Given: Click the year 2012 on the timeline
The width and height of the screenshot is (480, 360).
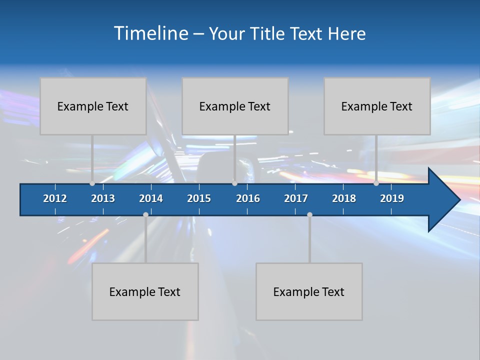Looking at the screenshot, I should click(55, 198).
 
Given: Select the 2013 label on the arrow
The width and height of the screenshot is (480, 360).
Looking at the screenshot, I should click(103, 198).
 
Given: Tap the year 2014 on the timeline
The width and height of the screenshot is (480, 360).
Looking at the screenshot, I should click(151, 198).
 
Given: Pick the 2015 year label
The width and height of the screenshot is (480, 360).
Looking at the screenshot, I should click(199, 198).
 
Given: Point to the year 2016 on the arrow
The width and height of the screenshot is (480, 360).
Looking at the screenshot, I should click(248, 198).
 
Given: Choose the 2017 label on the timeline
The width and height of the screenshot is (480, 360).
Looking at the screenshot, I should click(296, 198).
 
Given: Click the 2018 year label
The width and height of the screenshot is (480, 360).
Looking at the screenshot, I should click(344, 198).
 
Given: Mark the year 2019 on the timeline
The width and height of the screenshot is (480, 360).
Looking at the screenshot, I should click(392, 198).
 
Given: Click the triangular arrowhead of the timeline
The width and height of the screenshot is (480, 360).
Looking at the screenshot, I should click(443, 200).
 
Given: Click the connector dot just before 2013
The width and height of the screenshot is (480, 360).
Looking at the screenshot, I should click(92, 183).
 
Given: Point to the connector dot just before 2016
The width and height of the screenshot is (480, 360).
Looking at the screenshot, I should click(234, 183).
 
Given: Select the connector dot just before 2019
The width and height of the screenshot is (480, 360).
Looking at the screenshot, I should click(376, 183).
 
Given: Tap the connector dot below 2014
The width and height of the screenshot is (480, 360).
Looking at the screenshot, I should click(145, 214).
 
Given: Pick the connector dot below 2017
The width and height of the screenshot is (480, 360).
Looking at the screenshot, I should click(309, 214).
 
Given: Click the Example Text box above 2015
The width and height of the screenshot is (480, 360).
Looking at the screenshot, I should click(234, 106).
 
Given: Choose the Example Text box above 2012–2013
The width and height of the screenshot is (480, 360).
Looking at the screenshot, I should click(92, 106).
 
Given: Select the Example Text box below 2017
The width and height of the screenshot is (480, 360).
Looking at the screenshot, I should click(308, 291).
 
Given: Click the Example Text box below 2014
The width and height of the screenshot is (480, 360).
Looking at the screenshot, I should click(144, 291).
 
